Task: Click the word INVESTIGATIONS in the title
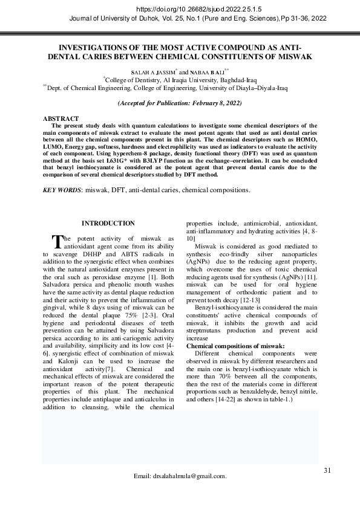(90, 47)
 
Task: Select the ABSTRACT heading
(61, 118)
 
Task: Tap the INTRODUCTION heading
(108, 224)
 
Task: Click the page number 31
(327, 470)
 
